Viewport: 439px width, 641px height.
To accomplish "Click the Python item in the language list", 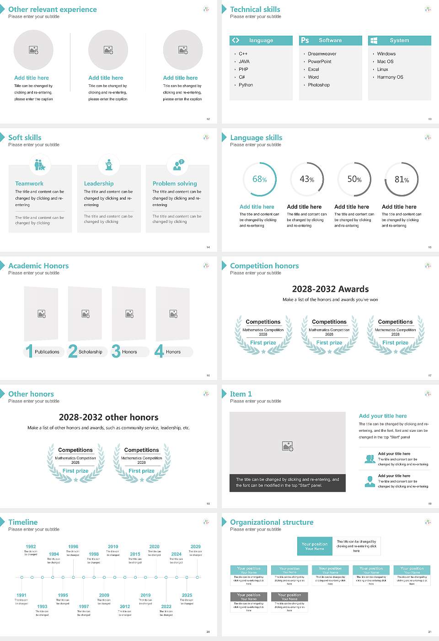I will click(x=246, y=85).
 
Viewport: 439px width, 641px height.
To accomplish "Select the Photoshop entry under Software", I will click(x=319, y=85).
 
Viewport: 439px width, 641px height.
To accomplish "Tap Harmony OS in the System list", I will click(x=390, y=77).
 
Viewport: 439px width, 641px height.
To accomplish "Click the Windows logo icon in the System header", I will click(x=374, y=40).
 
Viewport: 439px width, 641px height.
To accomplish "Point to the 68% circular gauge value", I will click(x=259, y=179).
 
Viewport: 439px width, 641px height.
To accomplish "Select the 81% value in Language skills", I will click(x=402, y=179).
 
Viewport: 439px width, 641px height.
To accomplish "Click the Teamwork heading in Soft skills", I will click(x=29, y=184).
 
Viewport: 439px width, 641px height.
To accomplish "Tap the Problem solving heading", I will click(x=175, y=184).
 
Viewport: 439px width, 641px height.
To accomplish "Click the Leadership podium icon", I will click(x=109, y=164).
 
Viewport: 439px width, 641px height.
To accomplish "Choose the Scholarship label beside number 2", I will click(x=90, y=352).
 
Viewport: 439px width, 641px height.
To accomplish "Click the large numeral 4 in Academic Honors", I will click(x=159, y=351).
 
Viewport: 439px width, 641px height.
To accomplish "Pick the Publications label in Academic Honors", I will click(x=47, y=352).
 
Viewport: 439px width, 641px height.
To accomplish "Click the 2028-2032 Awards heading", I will click(x=330, y=289).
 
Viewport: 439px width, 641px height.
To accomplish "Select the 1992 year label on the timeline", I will click(x=31, y=547).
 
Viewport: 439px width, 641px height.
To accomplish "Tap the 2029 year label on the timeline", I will click(x=195, y=547).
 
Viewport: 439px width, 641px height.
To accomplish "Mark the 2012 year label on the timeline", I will click(x=125, y=607).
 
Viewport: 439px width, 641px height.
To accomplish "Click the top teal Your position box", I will click(x=315, y=546).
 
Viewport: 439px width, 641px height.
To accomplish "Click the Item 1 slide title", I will click(x=241, y=394).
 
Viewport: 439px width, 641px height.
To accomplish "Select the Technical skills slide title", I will click(x=255, y=10).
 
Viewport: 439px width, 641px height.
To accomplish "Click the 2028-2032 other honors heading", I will click(x=109, y=418).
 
